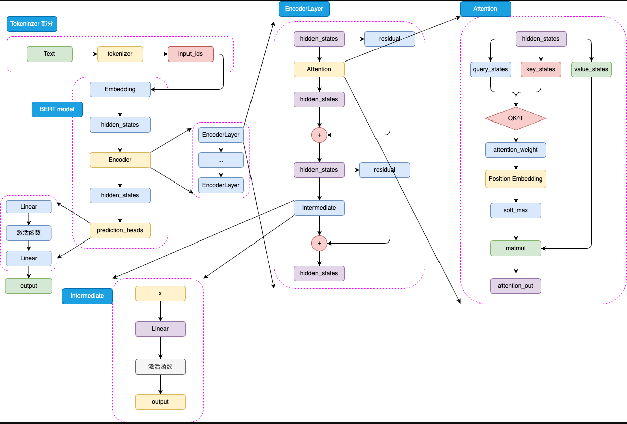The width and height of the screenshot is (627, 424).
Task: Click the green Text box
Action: (x=49, y=54)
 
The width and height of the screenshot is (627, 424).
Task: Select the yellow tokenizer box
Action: (x=120, y=54)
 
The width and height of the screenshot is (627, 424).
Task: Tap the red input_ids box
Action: (x=191, y=54)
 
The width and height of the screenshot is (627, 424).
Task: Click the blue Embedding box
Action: (x=120, y=89)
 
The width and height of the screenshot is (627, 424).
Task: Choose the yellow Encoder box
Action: (x=120, y=160)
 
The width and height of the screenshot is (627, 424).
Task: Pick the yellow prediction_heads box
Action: (x=120, y=230)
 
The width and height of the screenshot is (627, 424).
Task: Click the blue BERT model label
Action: (x=57, y=109)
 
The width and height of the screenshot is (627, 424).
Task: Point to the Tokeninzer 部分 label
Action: (x=32, y=24)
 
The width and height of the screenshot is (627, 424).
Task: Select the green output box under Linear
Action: (x=29, y=286)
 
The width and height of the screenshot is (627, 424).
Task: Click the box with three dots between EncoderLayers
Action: (x=221, y=160)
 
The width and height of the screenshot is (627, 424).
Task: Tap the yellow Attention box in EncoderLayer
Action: (x=319, y=69)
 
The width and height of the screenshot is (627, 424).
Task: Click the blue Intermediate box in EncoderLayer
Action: (x=319, y=208)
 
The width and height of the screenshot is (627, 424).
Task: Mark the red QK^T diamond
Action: (x=516, y=118)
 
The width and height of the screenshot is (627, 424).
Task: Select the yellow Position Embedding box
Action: (x=516, y=179)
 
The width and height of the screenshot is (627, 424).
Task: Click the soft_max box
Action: (x=516, y=210)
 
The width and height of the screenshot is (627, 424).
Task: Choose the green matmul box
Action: (x=516, y=248)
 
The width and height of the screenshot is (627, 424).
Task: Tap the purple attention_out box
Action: (x=516, y=286)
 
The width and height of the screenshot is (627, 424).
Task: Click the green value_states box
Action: (x=591, y=69)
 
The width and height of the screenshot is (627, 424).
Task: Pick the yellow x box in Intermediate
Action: (x=160, y=293)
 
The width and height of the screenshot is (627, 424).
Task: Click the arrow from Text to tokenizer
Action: (x=85, y=54)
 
